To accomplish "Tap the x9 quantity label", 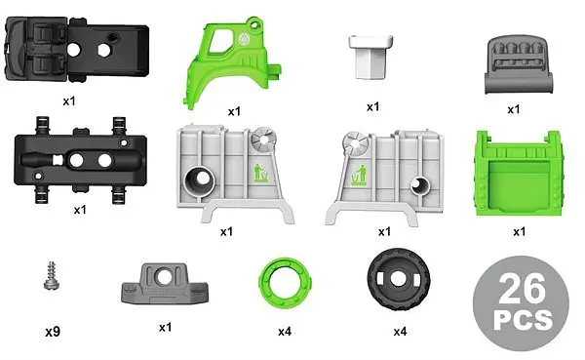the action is click(x=54, y=332).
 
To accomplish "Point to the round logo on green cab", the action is click(x=244, y=40).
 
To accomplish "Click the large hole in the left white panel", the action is click(x=198, y=180).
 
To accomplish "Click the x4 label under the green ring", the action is click(x=284, y=332).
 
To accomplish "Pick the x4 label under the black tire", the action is click(x=400, y=332).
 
